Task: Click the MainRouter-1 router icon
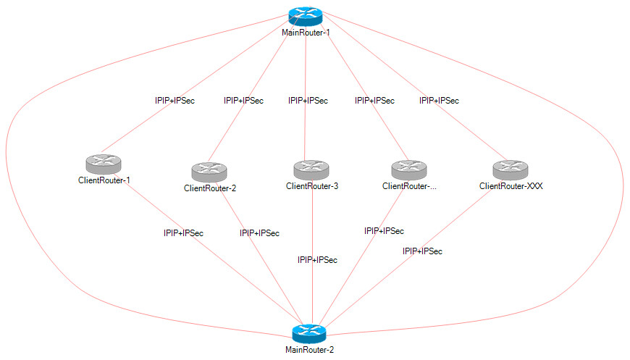(305, 17)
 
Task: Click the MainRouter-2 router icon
(309, 334)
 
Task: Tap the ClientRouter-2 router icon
(210, 172)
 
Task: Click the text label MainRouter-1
(306, 33)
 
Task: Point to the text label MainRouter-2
(310, 349)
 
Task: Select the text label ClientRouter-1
(104, 180)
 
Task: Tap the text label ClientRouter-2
(210, 188)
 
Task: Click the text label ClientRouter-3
(312, 186)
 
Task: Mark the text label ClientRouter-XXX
(511, 186)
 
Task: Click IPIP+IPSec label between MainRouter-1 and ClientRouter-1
(175, 101)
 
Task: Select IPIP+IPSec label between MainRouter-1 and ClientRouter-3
(308, 101)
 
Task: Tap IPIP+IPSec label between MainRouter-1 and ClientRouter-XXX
(439, 101)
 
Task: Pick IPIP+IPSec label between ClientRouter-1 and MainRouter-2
(183, 233)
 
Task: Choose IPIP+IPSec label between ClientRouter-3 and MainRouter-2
(317, 259)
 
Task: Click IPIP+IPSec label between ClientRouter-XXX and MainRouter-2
(422, 251)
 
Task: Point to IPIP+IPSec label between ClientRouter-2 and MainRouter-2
(259, 233)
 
